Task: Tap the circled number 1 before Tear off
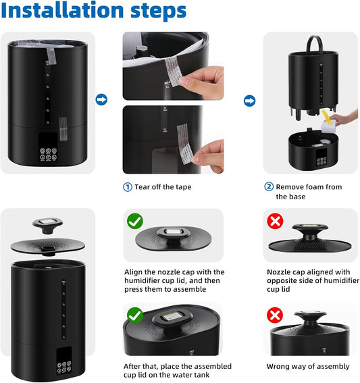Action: (x=127, y=187)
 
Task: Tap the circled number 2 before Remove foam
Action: (x=268, y=187)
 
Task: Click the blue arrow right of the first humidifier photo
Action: (x=101, y=100)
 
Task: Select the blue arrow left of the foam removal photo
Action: (x=249, y=100)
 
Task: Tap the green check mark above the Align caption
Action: (x=134, y=221)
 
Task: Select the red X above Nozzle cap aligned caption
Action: (x=275, y=221)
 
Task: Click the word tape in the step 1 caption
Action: (x=192, y=187)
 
